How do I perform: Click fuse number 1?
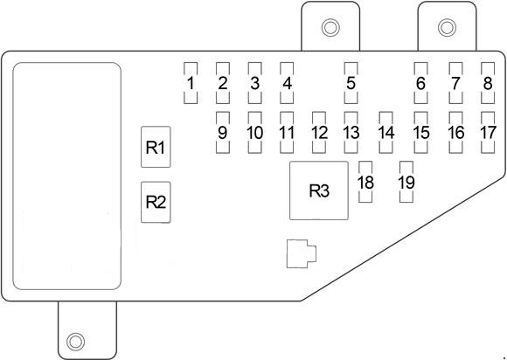[x=190, y=84]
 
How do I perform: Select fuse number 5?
[x=351, y=84]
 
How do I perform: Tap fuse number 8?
[x=488, y=84]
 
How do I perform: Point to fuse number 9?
[x=222, y=133]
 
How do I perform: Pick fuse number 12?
[x=319, y=133]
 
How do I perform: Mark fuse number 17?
[x=488, y=133]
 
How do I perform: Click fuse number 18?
[x=365, y=182]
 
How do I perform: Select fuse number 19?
[x=406, y=182]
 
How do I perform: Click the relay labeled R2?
[x=156, y=202]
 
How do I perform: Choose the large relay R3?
[x=320, y=191]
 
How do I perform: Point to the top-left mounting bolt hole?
[x=330, y=28]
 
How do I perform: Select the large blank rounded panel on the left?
[x=66, y=177]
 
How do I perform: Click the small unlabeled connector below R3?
[x=301, y=253]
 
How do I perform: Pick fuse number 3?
[x=254, y=84]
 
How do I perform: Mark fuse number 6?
[x=420, y=84]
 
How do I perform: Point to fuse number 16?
[x=455, y=133]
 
